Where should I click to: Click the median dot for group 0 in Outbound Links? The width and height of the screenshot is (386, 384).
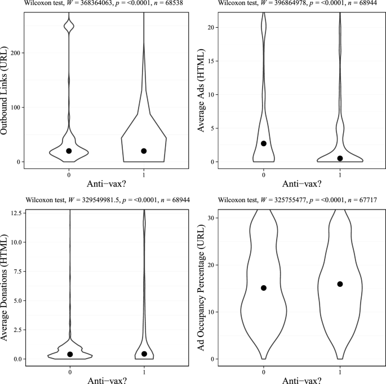69,151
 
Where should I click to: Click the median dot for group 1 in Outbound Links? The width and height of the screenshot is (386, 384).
144,151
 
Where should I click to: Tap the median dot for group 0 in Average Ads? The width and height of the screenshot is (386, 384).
264,143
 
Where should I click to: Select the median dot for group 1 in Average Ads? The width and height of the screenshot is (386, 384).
340,158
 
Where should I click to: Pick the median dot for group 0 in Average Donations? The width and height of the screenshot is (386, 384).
70,354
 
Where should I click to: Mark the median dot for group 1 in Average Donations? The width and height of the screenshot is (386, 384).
144,354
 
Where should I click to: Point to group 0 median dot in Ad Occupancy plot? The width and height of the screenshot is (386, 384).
264,288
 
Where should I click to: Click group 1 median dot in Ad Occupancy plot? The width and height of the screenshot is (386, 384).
340,284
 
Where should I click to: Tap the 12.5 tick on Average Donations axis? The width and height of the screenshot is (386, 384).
17,212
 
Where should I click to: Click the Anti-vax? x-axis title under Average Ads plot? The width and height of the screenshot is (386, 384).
301,184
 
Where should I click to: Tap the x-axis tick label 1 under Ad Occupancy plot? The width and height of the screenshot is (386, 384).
340,371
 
